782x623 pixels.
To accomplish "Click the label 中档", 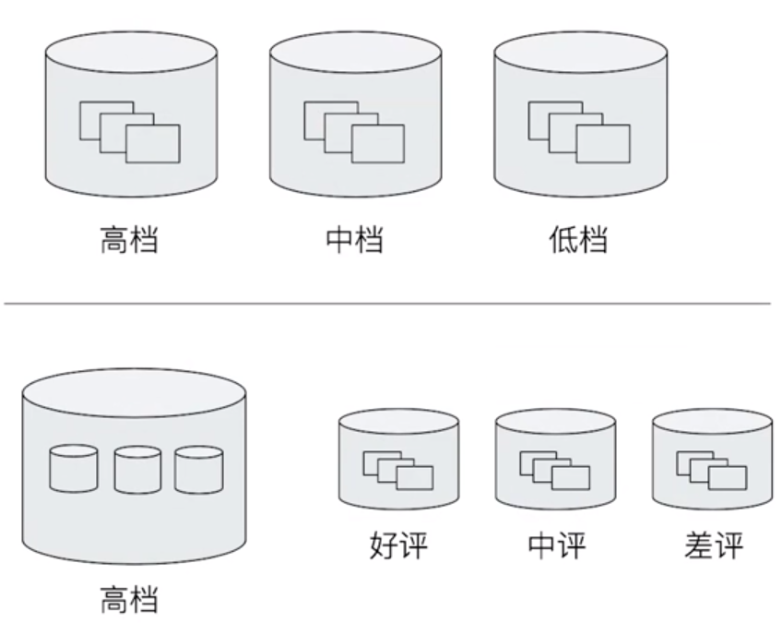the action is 355,240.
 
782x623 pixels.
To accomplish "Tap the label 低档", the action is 578,240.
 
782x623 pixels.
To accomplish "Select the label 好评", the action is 398,546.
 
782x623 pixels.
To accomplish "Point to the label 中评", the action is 556,546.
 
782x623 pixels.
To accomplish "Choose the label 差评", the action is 713,546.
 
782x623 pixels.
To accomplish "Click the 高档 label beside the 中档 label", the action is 130,240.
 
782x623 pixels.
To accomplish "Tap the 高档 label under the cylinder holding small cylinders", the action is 130,600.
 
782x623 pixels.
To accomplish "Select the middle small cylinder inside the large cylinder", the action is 137,471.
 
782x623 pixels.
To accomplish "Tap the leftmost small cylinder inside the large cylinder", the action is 74,471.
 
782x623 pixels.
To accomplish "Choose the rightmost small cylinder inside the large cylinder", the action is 199,471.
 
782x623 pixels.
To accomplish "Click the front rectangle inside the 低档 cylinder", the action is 603,143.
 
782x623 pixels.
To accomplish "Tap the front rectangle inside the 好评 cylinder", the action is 414,477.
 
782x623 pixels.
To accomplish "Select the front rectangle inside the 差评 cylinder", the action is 728,477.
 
